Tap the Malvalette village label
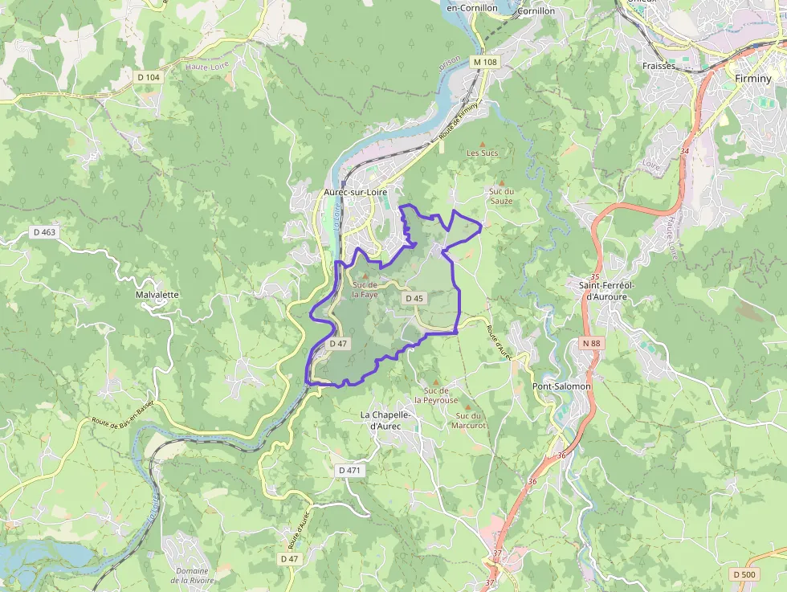click(x=157, y=295)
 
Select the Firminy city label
click(x=753, y=79)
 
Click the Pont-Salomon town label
click(x=562, y=386)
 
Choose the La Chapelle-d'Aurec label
click(x=386, y=420)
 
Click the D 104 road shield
click(x=149, y=77)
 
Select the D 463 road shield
click(x=44, y=232)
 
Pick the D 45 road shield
click(x=414, y=298)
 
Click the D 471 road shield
click(x=349, y=469)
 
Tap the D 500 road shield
click(x=744, y=574)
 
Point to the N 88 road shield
click(x=591, y=343)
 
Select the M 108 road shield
click(x=485, y=62)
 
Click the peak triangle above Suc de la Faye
click(x=365, y=276)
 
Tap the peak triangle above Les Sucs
click(x=482, y=143)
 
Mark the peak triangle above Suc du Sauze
click(x=501, y=182)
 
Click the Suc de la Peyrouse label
click(x=436, y=394)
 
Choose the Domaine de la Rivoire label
click(x=191, y=575)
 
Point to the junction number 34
click(x=684, y=151)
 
